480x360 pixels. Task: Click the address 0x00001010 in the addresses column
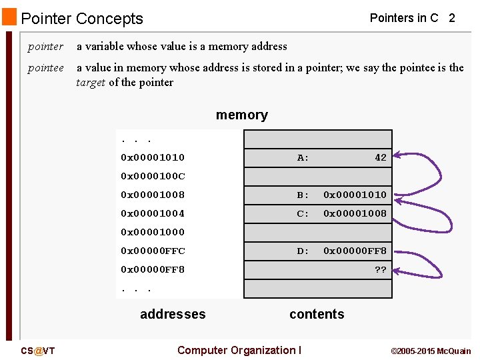(x=153, y=158)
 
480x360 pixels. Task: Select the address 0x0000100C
(x=153, y=177)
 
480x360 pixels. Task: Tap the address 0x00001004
(x=153, y=214)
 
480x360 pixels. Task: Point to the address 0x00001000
(x=153, y=233)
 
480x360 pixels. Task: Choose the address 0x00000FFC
(x=153, y=251)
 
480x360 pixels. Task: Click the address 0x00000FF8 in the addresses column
(x=153, y=270)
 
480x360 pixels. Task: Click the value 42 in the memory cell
(x=380, y=158)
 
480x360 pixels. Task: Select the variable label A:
(x=303, y=158)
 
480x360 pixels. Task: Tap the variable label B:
(x=303, y=195)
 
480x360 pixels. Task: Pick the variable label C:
(x=303, y=214)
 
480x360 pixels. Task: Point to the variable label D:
(x=303, y=251)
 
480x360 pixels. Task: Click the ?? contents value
(x=380, y=270)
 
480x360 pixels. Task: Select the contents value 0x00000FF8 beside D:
(x=355, y=251)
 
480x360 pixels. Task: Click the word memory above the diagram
(x=242, y=115)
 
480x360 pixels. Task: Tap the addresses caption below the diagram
(x=173, y=314)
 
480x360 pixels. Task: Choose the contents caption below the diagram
(x=317, y=314)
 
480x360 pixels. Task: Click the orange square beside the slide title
(x=9, y=16)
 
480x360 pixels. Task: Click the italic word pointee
(x=45, y=68)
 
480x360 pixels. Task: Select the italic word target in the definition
(x=91, y=83)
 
